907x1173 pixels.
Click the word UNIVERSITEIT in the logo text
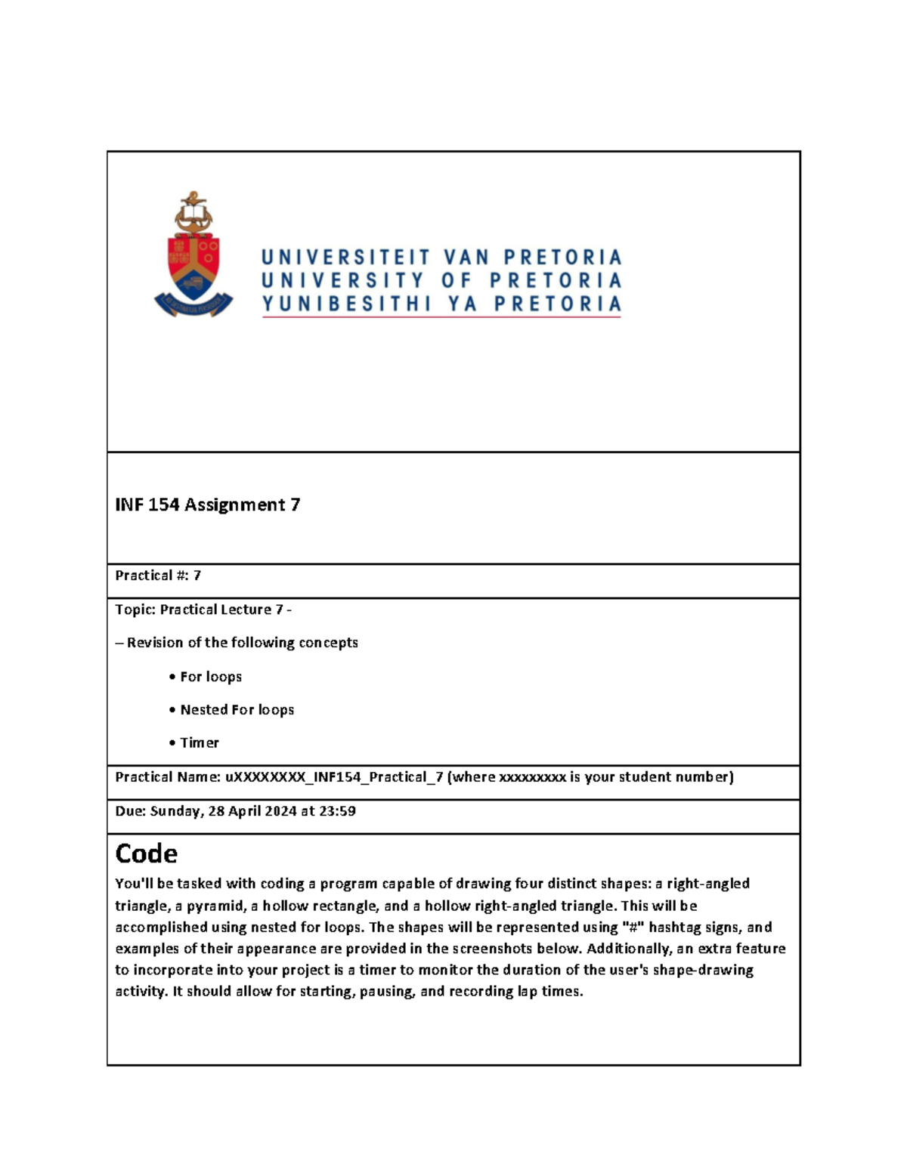coord(345,258)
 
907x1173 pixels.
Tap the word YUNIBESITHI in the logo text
coord(346,304)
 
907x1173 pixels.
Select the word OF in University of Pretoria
coord(456,281)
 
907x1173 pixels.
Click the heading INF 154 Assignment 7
coord(207,505)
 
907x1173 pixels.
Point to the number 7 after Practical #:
coord(197,576)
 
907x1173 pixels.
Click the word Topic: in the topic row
coord(135,610)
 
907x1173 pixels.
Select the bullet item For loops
coord(210,677)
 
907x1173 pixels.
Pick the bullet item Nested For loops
coord(237,710)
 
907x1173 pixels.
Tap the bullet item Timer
coord(199,743)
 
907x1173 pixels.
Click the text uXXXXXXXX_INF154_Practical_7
coord(334,777)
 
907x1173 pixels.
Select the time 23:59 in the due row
coord(338,811)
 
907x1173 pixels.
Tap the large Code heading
coord(146,854)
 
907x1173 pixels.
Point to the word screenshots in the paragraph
coord(492,949)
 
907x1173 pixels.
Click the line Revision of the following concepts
coord(242,643)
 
